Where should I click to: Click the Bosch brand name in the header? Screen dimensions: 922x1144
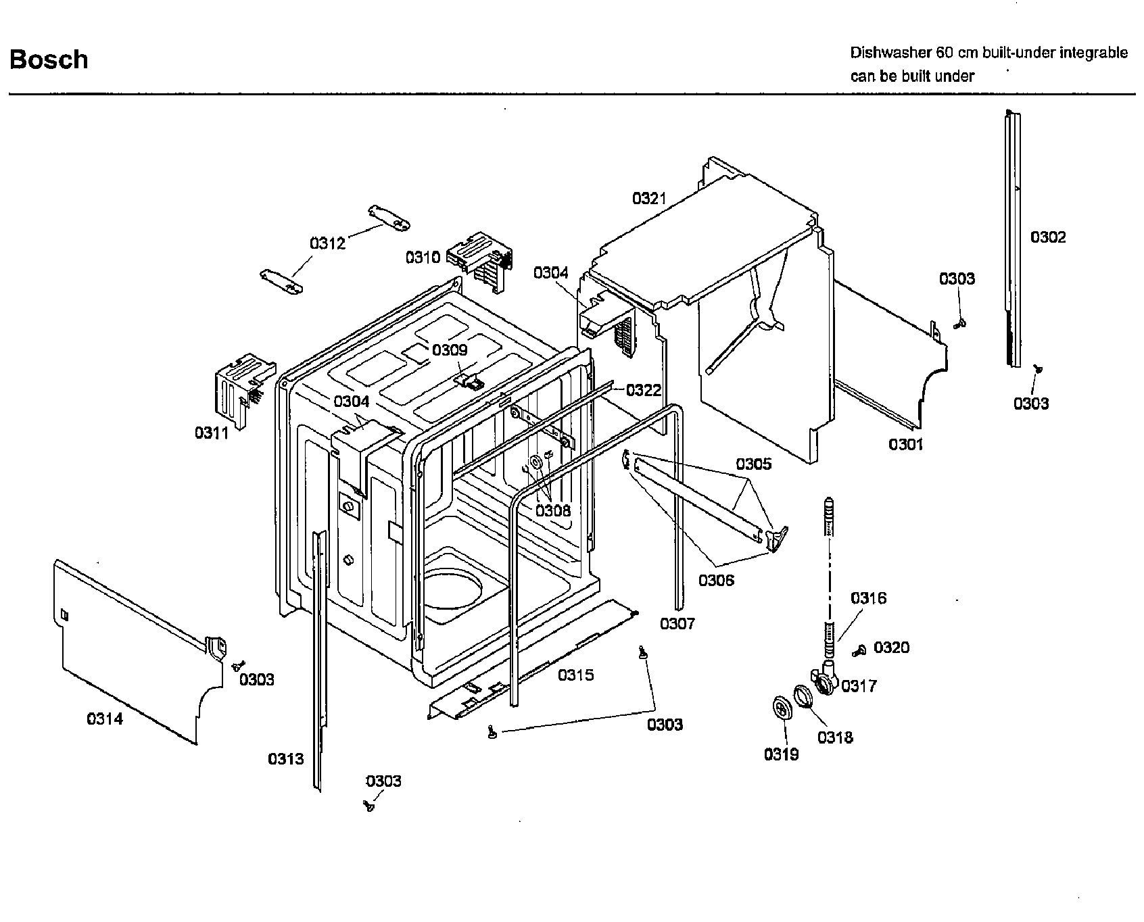click(x=49, y=59)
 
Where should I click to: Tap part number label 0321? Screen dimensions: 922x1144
click(x=649, y=199)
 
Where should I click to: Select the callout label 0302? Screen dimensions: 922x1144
click(x=1047, y=237)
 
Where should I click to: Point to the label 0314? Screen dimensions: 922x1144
click(x=105, y=719)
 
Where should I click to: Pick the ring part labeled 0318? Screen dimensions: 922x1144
click(x=802, y=696)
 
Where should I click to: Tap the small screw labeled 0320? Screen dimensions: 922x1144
click(x=859, y=650)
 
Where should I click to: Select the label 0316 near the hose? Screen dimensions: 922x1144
click(x=868, y=598)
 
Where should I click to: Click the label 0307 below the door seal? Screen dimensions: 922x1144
click(x=677, y=623)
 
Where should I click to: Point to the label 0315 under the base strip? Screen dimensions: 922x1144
click(x=576, y=675)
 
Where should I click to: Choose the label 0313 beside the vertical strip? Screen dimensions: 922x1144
click(x=286, y=759)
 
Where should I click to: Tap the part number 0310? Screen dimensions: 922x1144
click(x=423, y=258)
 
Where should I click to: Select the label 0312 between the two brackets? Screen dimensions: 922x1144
click(x=327, y=243)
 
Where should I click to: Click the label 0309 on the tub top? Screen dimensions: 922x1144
click(x=450, y=350)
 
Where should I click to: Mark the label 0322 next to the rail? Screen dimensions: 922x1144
click(x=643, y=390)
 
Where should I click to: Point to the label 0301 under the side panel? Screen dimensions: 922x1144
click(x=906, y=444)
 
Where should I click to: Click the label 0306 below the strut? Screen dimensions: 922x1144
click(x=716, y=580)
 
